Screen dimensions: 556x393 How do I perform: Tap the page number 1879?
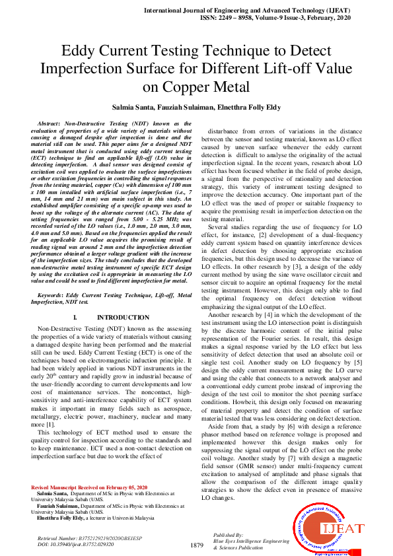click(x=196, y=545)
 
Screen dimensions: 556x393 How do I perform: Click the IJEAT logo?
click(x=328, y=529)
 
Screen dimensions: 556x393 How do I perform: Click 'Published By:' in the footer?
click(x=229, y=534)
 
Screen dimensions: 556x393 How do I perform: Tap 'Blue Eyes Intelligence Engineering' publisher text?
click(x=251, y=541)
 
